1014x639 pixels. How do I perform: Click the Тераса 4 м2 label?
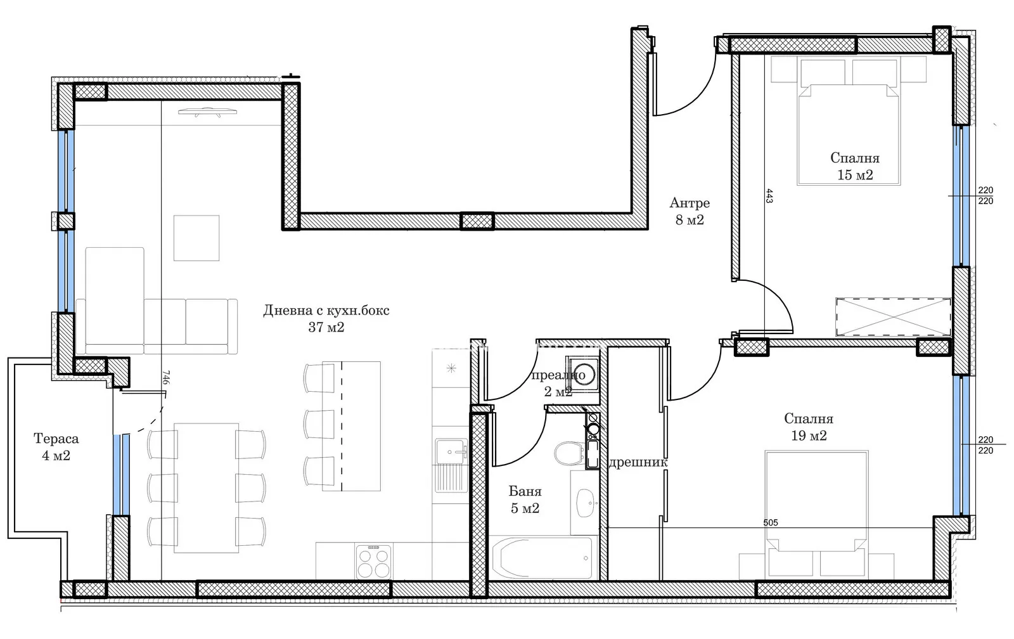click(56, 447)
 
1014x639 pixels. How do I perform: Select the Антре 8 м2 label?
click(690, 211)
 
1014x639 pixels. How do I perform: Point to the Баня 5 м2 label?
click(525, 500)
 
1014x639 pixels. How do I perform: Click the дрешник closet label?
click(638, 462)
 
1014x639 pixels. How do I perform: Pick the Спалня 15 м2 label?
click(855, 166)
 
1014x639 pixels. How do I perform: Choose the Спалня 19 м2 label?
click(809, 427)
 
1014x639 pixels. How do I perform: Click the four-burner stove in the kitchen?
click(373, 562)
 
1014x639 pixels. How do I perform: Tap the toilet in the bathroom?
click(570, 453)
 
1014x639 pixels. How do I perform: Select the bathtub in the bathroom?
click(541, 557)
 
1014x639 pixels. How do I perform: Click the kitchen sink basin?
click(451, 451)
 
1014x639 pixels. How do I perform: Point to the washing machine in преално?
click(582, 374)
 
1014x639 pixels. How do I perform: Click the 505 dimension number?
click(771, 522)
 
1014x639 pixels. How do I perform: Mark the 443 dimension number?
click(769, 196)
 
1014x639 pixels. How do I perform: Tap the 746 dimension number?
click(165, 377)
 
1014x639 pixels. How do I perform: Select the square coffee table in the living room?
click(196, 238)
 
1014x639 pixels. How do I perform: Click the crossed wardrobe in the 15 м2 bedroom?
click(893, 317)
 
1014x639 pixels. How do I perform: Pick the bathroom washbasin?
click(586, 503)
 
